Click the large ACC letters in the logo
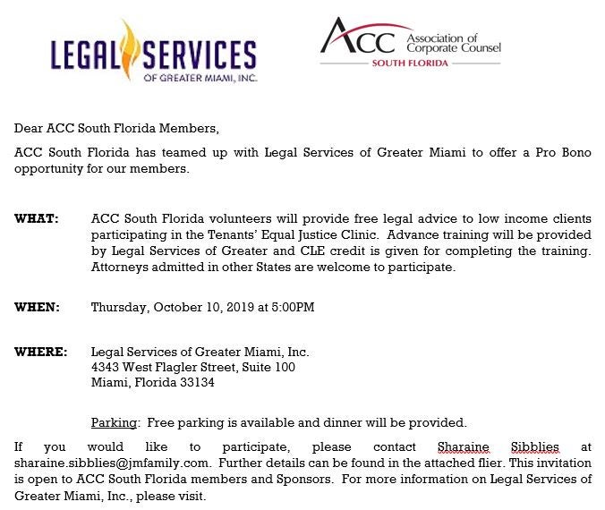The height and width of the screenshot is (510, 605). [361, 39]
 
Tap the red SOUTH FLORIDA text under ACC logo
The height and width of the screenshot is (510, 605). [410, 64]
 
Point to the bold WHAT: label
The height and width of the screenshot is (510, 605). [37, 219]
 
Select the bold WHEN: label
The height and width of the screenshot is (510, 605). [37, 307]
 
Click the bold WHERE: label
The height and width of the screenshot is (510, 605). [40, 352]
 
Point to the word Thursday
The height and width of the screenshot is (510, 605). [120, 307]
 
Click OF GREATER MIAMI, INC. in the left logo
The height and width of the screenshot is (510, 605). [200, 77]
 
